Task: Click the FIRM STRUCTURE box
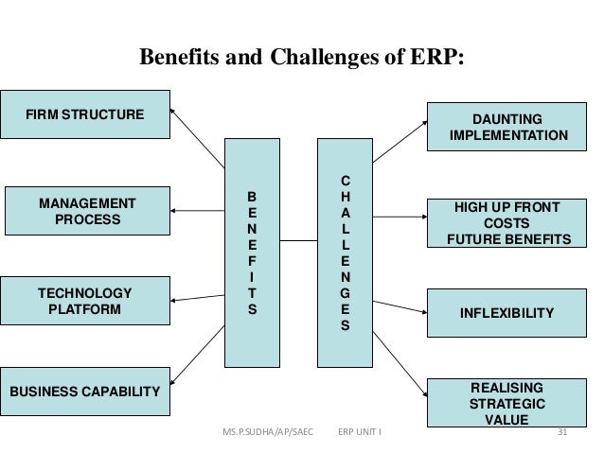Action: pyautogui.click(x=85, y=115)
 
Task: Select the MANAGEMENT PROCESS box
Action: pyautogui.click(x=86, y=211)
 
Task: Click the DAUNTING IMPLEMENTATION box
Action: pyautogui.click(x=510, y=128)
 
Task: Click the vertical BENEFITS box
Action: pyautogui.click(x=251, y=253)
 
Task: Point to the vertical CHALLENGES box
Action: pyautogui.click(x=345, y=253)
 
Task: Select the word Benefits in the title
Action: pyautogui.click(x=179, y=58)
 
